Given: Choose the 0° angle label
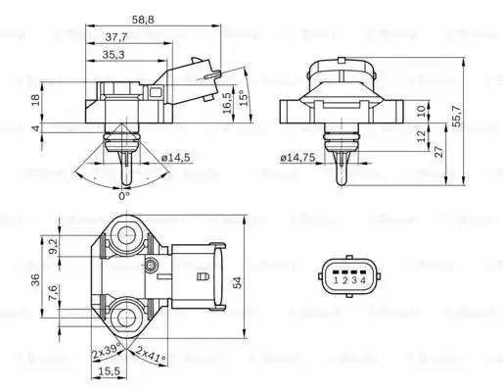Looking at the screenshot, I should tap(123, 196).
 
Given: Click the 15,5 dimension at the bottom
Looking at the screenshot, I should tap(111, 371).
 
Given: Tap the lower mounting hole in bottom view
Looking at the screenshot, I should tap(127, 318).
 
